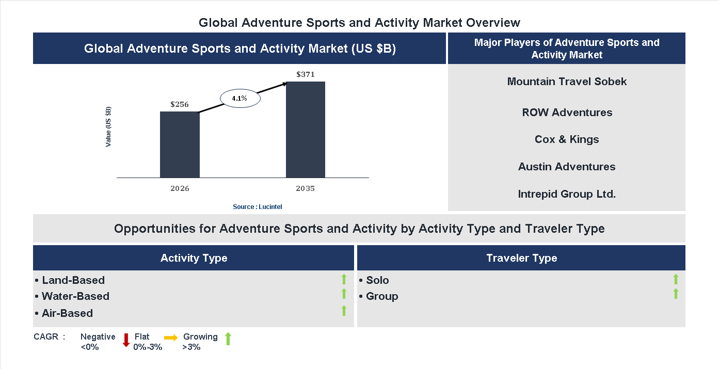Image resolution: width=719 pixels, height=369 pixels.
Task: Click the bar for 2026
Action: point(180,145)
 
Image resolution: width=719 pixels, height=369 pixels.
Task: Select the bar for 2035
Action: point(306,130)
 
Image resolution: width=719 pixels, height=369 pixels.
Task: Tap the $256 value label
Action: point(180,104)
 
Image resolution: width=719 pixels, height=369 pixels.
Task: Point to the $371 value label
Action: point(306,74)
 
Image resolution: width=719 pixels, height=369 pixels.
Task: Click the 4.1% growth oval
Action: point(240,98)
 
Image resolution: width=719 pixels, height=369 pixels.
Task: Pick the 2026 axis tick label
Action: point(180,188)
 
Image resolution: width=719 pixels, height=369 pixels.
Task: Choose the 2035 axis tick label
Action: point(306,188)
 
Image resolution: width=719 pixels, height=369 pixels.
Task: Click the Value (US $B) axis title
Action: point(108,126)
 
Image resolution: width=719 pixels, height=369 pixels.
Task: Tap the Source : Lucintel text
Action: point(258,206)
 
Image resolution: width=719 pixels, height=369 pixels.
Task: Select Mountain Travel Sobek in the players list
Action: point(567,82)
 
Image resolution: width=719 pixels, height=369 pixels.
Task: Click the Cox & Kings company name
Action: point(567,139)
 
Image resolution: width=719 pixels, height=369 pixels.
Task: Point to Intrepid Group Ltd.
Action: point(567,194)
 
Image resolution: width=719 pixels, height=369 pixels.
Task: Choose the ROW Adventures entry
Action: point(567,113)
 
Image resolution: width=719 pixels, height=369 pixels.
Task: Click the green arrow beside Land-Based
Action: point(344,280)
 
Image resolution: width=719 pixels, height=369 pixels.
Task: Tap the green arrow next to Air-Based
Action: point(344,311)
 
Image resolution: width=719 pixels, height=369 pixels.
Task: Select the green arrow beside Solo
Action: point(676,280)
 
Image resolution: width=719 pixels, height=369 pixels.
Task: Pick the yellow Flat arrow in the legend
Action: point(171,338)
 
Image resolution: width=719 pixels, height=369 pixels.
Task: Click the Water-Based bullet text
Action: point(75,296)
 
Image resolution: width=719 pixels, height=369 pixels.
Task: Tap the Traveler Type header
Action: point(521,258)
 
